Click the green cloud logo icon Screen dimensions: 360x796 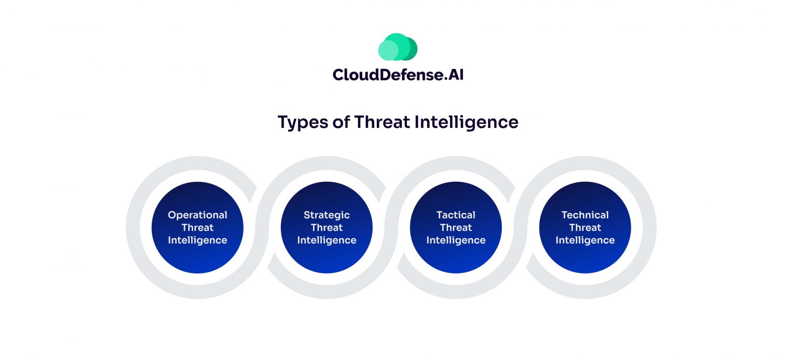[x=397, y=47]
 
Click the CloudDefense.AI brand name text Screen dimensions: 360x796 [x=397, y=75]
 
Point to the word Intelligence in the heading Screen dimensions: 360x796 [x=466, y=122]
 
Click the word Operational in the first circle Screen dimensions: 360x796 [x=197, y=215]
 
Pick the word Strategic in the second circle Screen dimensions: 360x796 [x=326, y=215]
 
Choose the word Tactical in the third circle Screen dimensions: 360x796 [x=456, y=215]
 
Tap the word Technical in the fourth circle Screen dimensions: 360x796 [x=585, y=215]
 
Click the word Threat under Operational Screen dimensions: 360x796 [x=197, y=227]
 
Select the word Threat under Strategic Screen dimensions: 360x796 [x=326, y=227]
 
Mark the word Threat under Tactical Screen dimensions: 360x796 [x=456, y=227]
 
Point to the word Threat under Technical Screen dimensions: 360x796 [x=585, y=227]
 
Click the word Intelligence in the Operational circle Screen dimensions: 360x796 [x=197, y=240]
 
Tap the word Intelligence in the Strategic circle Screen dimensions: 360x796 [x=326, y=240]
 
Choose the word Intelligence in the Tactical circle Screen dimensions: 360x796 [x=456, y=240]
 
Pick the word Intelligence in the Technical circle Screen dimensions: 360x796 [x=585, y=240]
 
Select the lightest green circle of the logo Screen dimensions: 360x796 [x=387, y=51]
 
